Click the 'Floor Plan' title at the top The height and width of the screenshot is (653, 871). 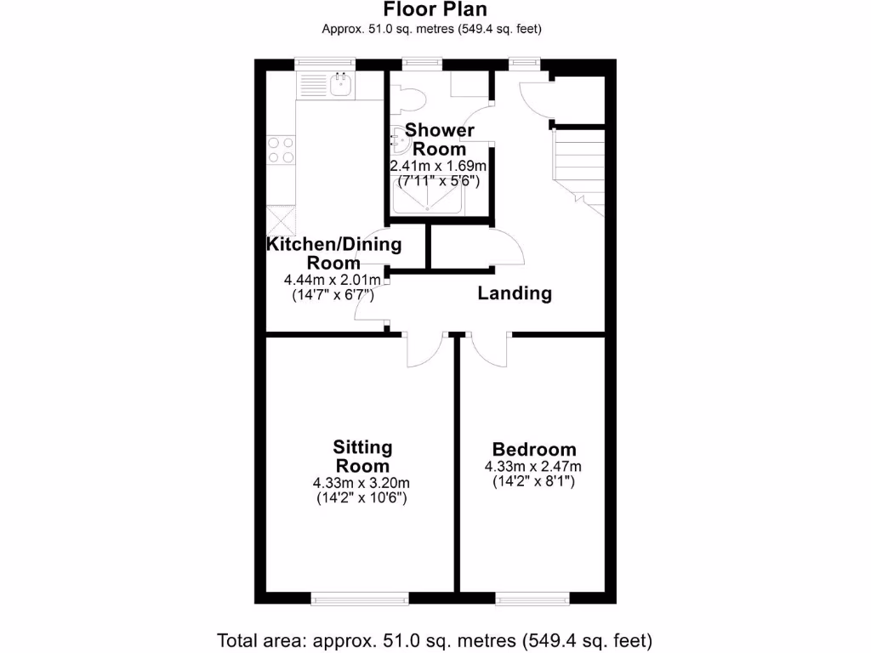pyautogui.click(x=435, y=10)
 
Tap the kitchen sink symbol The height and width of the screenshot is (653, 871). pyautogui.click(x=341, y=83)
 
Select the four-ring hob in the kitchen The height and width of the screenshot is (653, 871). pyautogui.click(x=282, y=150)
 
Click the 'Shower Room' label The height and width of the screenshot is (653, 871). pyautogui.click(x=439, y=139)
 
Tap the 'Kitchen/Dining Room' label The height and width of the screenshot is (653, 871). pyautogui.click(x=333, y=253)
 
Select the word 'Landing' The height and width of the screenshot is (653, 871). pyautogui.click(x=515, y=294)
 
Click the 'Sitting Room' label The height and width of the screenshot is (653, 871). pyautogui.click(x=362, y=457)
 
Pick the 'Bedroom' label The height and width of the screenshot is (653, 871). pyautogui.click(x=534, y=450)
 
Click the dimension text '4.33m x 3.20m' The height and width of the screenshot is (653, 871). pyautogui.click(x=362, y=484)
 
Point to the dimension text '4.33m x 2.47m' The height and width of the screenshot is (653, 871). pyautogui.click(x=533, y=467)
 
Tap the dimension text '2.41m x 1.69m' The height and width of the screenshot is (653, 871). pyautogui.click(x=438, y=166)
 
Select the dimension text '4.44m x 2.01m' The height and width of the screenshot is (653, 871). pyautogui.click(x=332, y=280)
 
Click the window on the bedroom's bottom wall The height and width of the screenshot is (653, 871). pyautogui.click(x=533, y=599)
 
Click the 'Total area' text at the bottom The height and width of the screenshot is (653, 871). pyautogui.click(x=435, y=639)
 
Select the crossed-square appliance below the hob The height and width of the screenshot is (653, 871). pyautogui.click(x=281, y=221)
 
